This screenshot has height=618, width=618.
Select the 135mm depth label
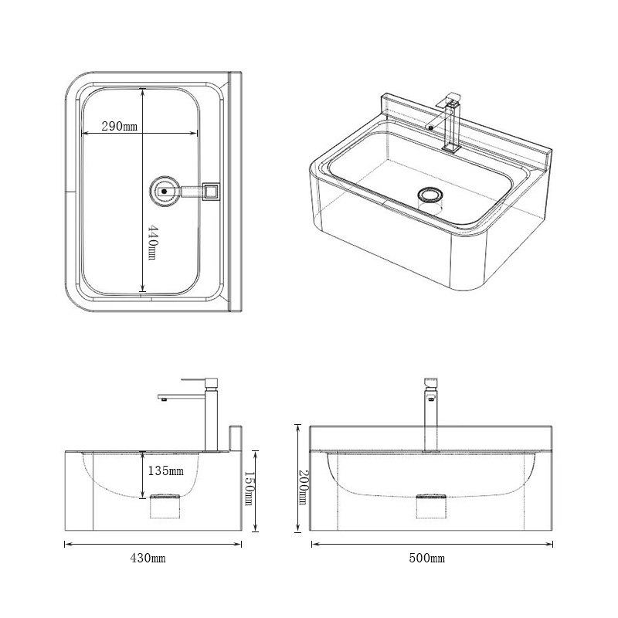pyautogui.click(x=166, y=470)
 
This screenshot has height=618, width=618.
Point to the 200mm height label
pyautogui.click(x=304, y=487)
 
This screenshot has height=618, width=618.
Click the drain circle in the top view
pyautogui.click(x=163, y=189)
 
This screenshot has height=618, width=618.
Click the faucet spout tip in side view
pyautogui.click(x=163, y=399)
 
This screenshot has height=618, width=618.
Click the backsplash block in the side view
pyautogui.click(x=236, y=437)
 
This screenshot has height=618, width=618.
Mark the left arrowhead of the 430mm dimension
pyautogui.click(x=66, y=545)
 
